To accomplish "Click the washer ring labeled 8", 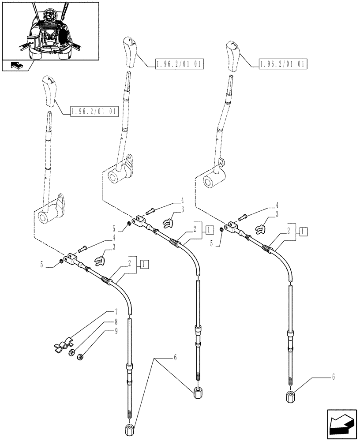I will tap(71, 351).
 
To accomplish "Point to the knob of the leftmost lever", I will tap(50, 93).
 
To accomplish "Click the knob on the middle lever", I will tap(131, 53).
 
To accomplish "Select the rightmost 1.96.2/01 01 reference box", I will tap(282, 64).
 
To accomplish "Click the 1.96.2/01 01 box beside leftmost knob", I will tap(94, 112).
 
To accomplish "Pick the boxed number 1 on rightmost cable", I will tap(304, 231).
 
